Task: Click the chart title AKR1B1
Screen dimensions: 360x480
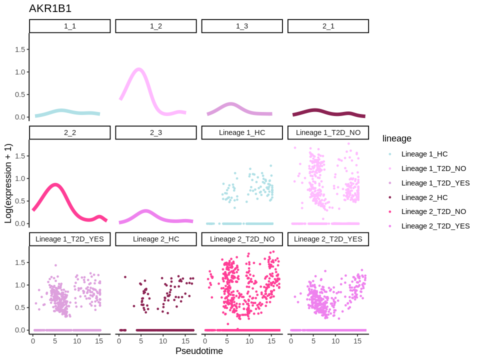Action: (50, 8)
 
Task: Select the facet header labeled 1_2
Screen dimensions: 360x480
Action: (156, 26)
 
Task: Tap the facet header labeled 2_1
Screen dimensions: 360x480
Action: (328, 26)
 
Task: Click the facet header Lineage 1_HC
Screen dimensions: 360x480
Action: (242, 132)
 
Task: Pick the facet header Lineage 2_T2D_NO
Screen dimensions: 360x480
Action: (242, 239)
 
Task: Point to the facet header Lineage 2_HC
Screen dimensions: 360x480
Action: (156, 239)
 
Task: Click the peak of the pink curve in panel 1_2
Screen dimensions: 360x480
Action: (139, 69)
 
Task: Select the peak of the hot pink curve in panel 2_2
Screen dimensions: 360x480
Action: (55, 184)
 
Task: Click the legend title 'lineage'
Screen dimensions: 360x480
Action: (396, 138)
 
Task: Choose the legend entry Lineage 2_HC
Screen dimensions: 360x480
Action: (424, 197)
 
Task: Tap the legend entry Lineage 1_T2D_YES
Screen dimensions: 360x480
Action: (435, 183)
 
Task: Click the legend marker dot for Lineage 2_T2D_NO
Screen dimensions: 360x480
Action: (390, 211)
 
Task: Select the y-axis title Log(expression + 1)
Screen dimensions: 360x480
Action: (8, 183)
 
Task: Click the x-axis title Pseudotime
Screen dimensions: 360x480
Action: (199, 351)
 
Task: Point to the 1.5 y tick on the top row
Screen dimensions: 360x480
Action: (20, 49)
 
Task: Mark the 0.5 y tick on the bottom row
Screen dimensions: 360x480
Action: (20, 307)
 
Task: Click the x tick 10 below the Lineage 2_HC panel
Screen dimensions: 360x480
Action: (163, 341)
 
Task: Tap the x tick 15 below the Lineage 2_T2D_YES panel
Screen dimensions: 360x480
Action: (357, 341)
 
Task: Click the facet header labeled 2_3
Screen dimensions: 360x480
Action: (156, 132)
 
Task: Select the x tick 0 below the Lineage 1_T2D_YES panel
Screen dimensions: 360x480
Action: (33, 341)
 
